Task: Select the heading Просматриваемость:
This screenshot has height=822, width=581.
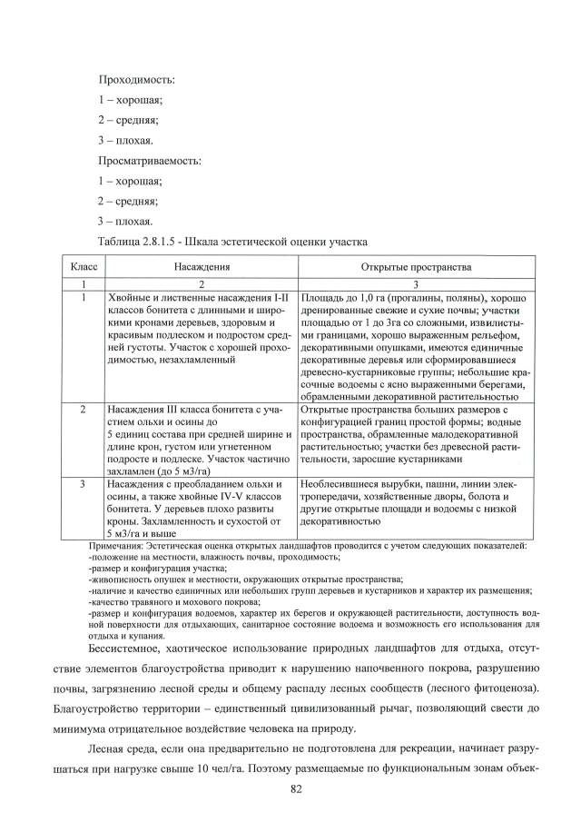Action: pyautogui.click(x=150, y=161)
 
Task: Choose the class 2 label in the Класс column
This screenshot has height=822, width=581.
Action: pyautogui.click(x=84, y=410)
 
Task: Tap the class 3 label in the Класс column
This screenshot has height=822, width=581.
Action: pyautogui.click(x=84, y=484)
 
